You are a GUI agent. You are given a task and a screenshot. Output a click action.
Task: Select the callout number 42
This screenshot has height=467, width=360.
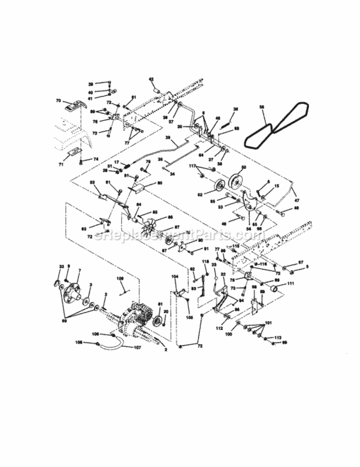tap(150, 78)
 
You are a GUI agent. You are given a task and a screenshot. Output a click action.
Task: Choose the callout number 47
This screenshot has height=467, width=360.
tap(296, 200)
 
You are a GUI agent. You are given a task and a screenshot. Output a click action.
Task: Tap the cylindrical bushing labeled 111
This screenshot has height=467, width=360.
tap(273, 290)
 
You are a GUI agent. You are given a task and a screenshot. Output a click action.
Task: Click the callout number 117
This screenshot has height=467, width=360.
tap(193, 166)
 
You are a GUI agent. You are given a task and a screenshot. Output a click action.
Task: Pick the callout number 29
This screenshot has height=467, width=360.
tap(168, 138)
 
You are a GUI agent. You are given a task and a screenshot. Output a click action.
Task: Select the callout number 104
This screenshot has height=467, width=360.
tap(175, 276)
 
